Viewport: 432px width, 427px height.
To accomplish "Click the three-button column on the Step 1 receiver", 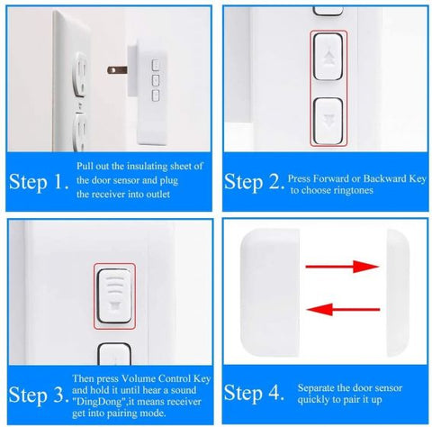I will coord(156,79).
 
